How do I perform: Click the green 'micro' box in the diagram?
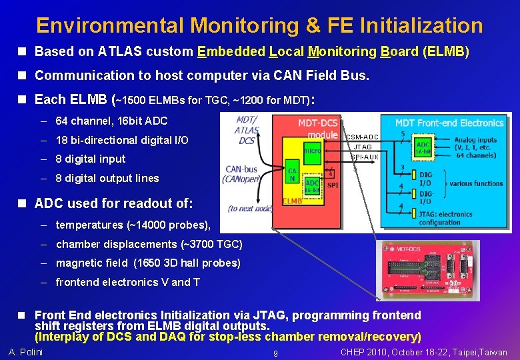(312, 151)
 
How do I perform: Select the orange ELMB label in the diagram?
(293, 200)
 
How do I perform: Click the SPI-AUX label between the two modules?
(365, 157)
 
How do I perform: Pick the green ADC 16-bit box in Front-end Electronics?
(423, 147)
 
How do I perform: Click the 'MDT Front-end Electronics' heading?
(449, 123)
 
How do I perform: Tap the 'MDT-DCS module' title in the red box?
(317, 128)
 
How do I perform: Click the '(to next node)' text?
(250, 209)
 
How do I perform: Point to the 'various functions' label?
(476, 183)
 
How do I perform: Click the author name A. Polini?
(25, 352)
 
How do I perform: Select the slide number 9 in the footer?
(275, 353)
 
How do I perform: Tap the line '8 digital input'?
(91, 159)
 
